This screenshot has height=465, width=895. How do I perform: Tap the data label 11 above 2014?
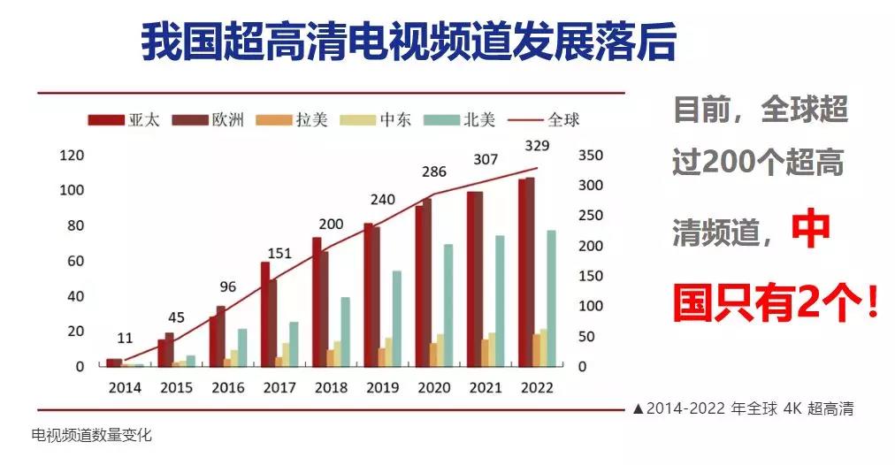(x=124, y=338)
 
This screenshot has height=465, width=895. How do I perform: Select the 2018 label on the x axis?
(x=331, y=388)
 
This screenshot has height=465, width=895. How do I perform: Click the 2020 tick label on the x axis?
(x=433, y=388)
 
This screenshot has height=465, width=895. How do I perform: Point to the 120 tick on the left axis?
(x=71, y=156)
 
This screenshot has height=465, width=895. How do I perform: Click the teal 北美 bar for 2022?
(x=551, y=298)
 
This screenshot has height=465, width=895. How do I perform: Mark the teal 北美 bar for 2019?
(x=398, y=318)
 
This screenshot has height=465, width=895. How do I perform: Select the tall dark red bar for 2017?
(x=264, y=314)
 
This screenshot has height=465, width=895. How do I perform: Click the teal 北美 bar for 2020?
(x=448, y=305)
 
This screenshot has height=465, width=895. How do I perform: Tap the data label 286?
(x=433, y=172)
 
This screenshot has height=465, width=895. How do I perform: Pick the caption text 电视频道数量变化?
(x=92, y=435)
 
